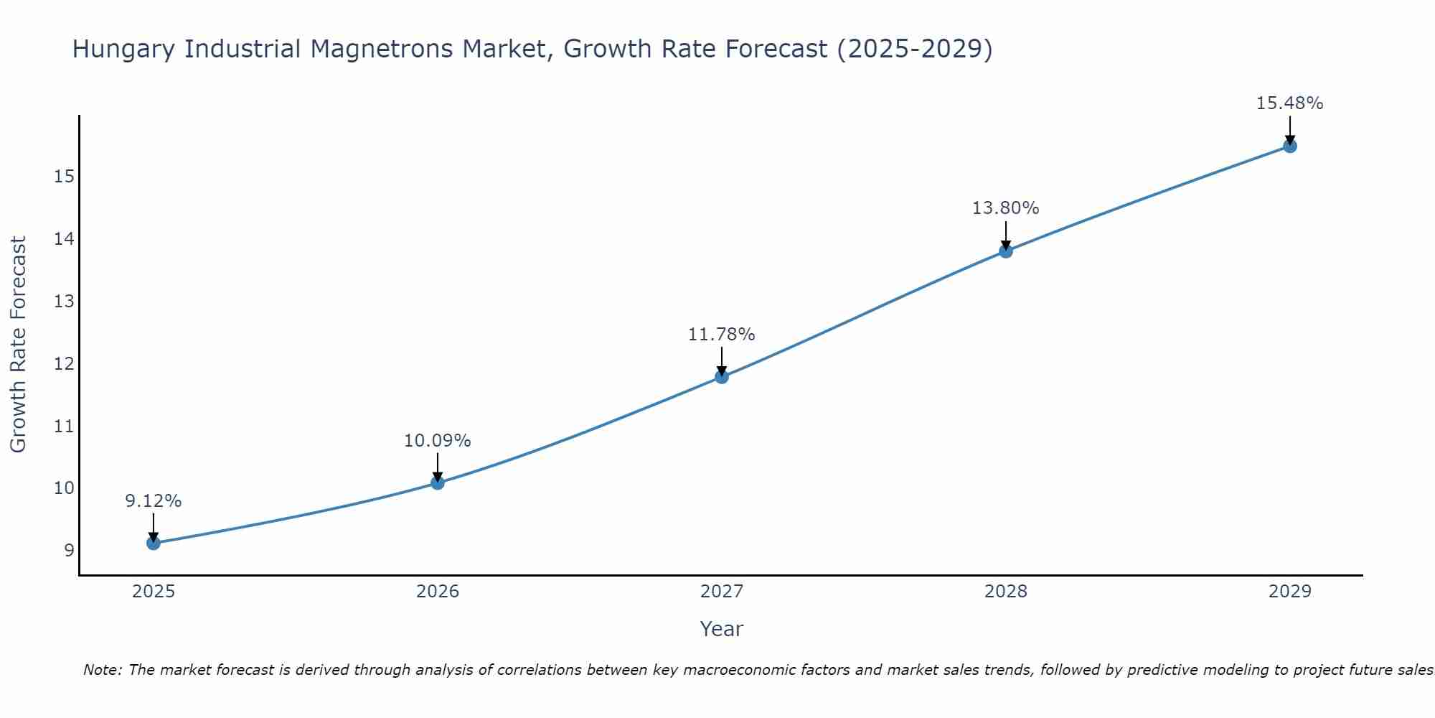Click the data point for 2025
coord(154,543)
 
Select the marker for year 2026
coord(438,482)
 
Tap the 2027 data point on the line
coord(722,376)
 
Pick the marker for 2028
coord(1006,251)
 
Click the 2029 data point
coord(1290,146)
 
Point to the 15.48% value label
coord(1289,103)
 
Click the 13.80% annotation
coord(1005,208)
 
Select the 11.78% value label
coord(721,335)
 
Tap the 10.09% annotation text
coord(437,441)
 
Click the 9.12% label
coord(154,501)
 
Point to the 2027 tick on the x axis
coord(722,592)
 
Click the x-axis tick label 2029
coord(1290,592)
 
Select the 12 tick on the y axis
coord(64,364)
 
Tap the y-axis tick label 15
coord(64,177)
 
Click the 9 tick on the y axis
coord(69,551)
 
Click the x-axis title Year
coord(721,629)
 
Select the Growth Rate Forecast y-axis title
coord(18,345)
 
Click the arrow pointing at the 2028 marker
coord(1006,236)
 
